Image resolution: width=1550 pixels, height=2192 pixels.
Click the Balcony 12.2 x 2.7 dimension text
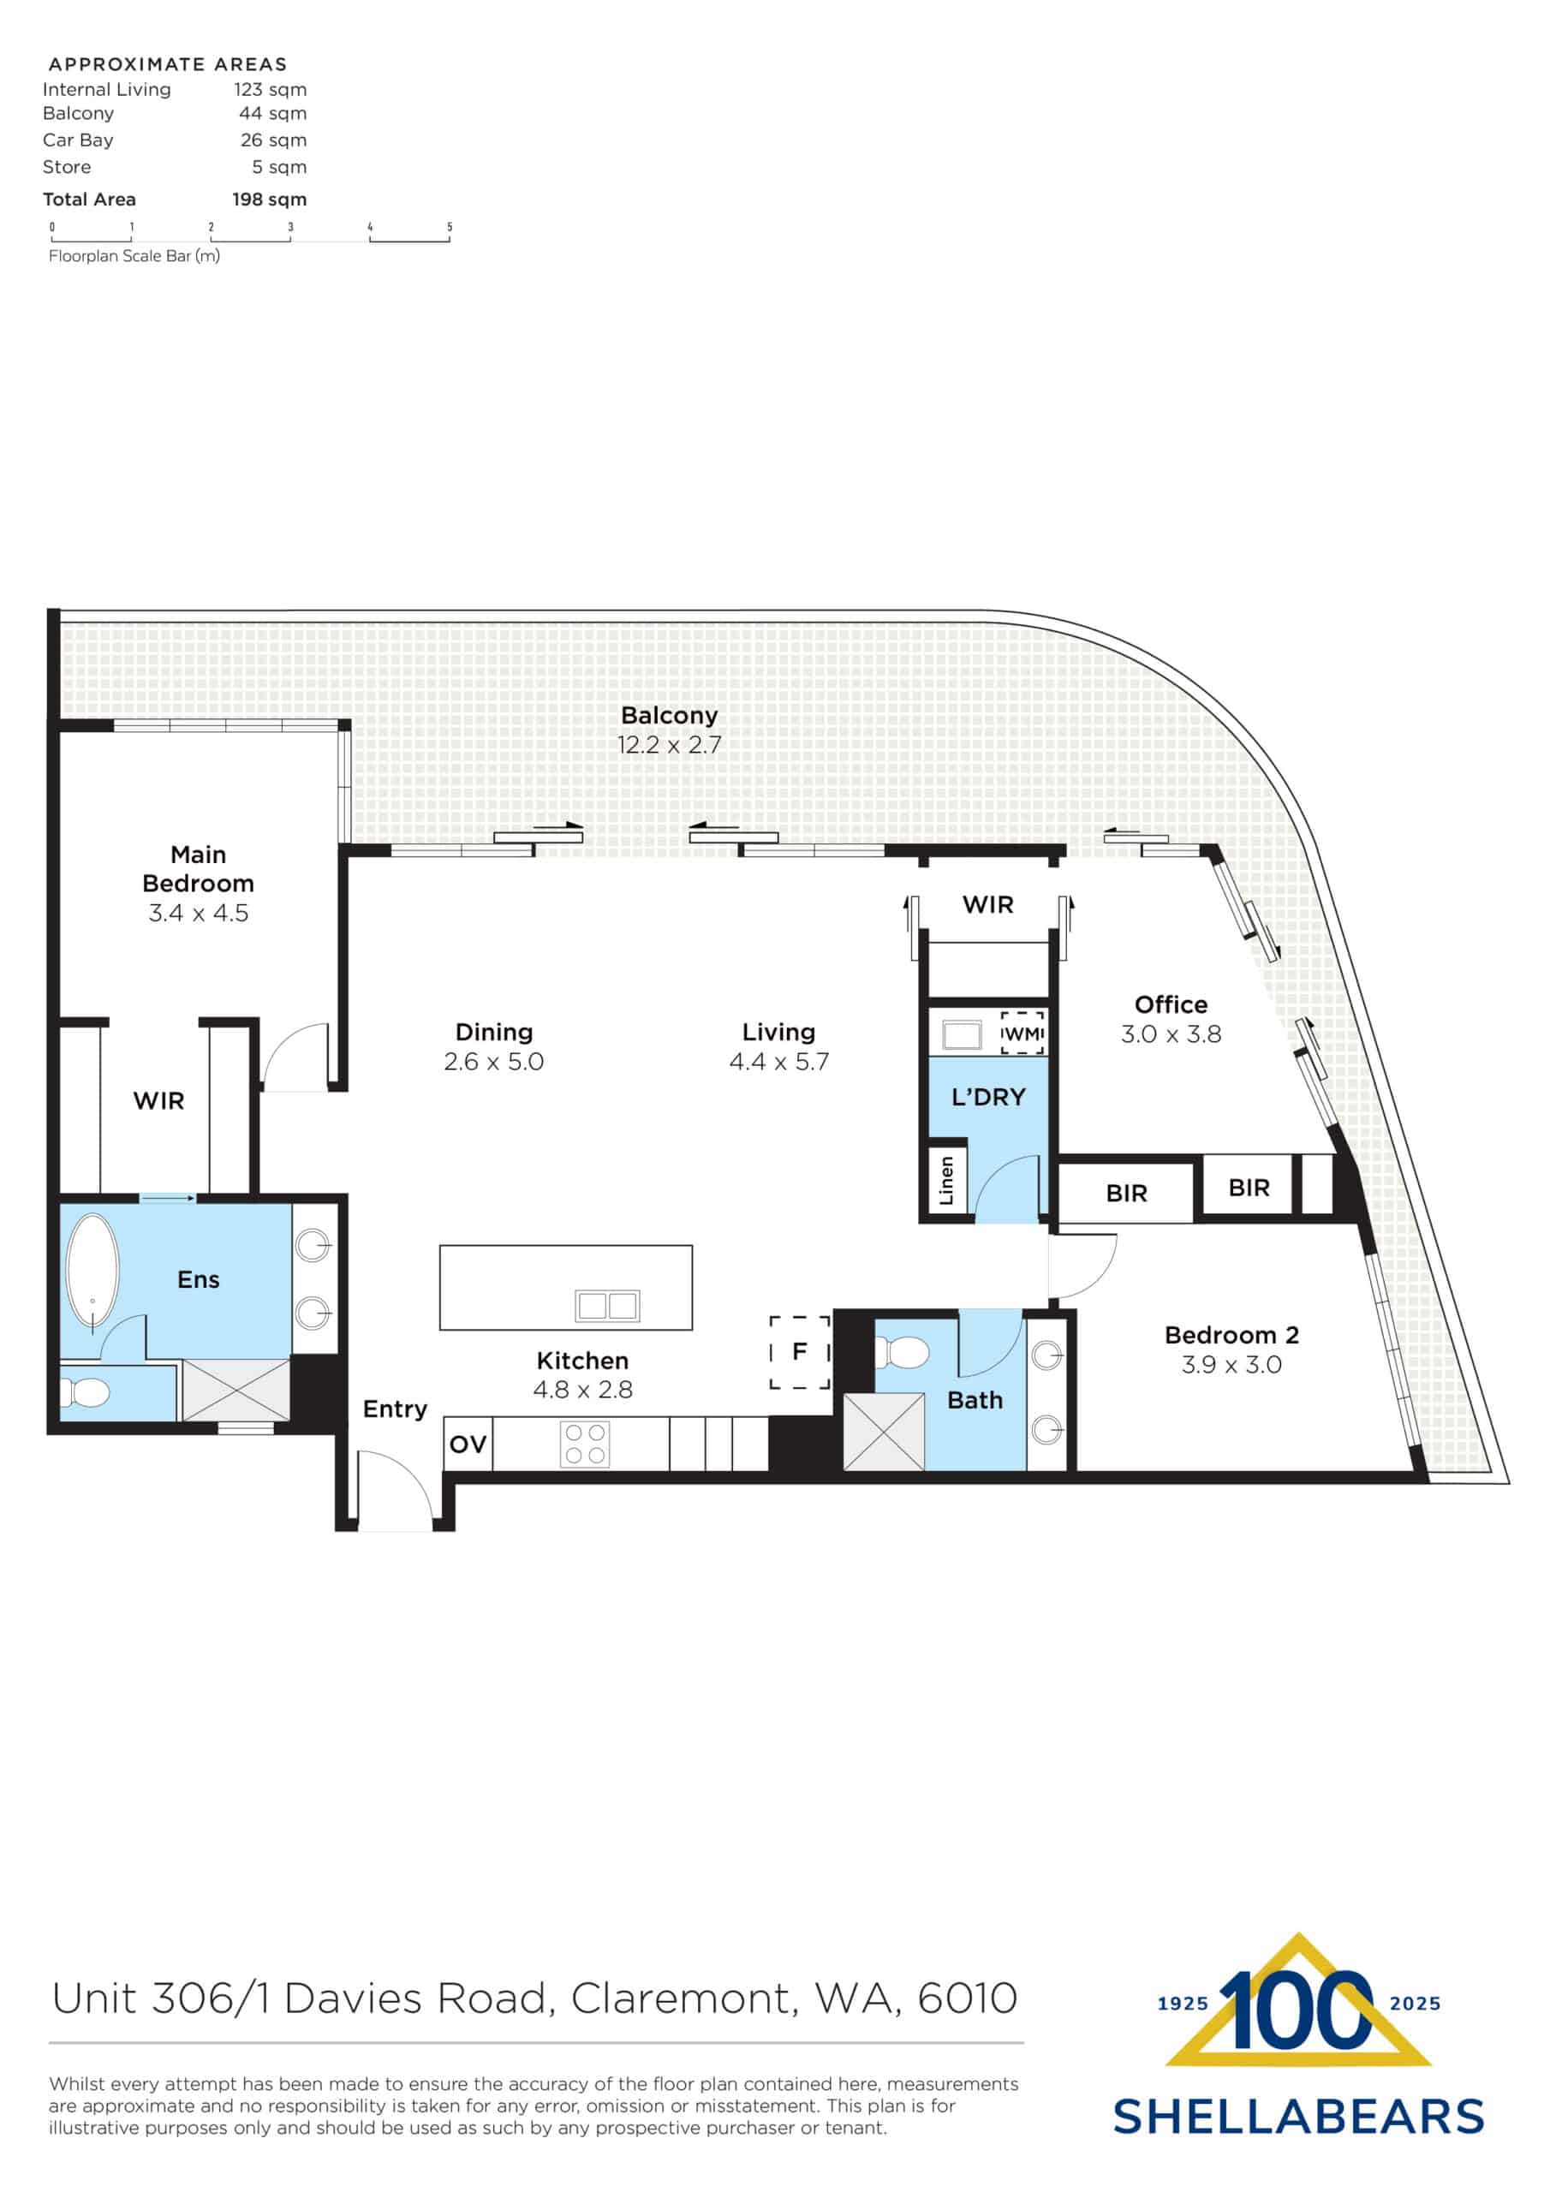pos(669,745)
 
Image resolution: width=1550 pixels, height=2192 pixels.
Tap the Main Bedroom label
pos(198,868)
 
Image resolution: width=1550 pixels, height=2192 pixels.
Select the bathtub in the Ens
pos(92,1272)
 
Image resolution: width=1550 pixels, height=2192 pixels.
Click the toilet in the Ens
pos(86,1393)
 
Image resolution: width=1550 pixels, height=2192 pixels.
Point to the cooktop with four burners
pos(585,1444)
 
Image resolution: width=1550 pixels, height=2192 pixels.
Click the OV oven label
pos(468,1444)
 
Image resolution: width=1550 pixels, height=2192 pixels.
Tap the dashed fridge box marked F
pos(799,1352)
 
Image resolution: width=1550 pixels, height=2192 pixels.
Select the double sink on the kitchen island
pos(607,1305)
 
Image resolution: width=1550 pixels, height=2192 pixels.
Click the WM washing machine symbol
pos(1022,1033)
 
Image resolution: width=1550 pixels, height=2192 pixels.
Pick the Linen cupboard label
pos(946,1181)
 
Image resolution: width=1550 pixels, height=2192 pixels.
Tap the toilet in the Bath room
pos(902,1352)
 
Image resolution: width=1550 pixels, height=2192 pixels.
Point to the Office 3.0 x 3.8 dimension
pos(1171,1034)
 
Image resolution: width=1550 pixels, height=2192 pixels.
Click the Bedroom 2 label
pos(1231,1335)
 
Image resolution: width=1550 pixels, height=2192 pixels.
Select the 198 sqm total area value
pos(269,200)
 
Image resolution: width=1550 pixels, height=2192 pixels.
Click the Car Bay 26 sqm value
pos(273,140)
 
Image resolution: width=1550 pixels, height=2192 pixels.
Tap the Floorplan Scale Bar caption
pos(134,256)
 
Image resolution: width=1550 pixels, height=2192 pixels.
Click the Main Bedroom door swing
pos(297,1057)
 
